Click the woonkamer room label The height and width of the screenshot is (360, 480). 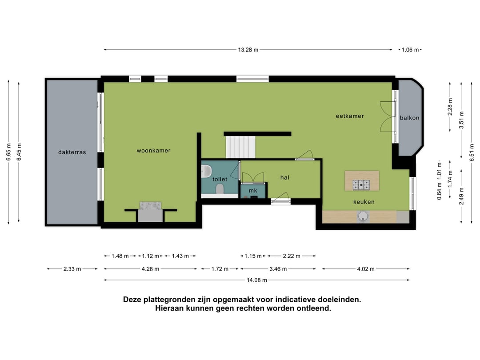point(153,151)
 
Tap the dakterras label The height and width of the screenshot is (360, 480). point(72,152)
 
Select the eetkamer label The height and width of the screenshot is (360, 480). point(349,116)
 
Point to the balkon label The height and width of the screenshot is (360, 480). point(409,118)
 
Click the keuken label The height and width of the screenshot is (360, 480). point(364,202)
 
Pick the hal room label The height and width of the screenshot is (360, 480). point(285,177)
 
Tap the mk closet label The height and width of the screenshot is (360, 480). point(253,191)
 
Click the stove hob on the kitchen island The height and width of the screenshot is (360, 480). point(361,184)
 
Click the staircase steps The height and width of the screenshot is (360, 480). point(240,147)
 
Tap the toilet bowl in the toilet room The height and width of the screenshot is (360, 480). point(219,189)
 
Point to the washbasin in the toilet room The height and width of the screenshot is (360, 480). point(206,170)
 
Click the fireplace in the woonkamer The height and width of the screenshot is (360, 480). point(150,212)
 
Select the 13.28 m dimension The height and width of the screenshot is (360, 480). point(248,50)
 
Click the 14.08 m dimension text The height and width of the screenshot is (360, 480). point(257,280)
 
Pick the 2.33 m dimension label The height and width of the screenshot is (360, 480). point(72,269)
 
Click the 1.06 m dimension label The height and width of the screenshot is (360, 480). point(410,50)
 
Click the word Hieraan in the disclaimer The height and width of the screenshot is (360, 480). point(170,308)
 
